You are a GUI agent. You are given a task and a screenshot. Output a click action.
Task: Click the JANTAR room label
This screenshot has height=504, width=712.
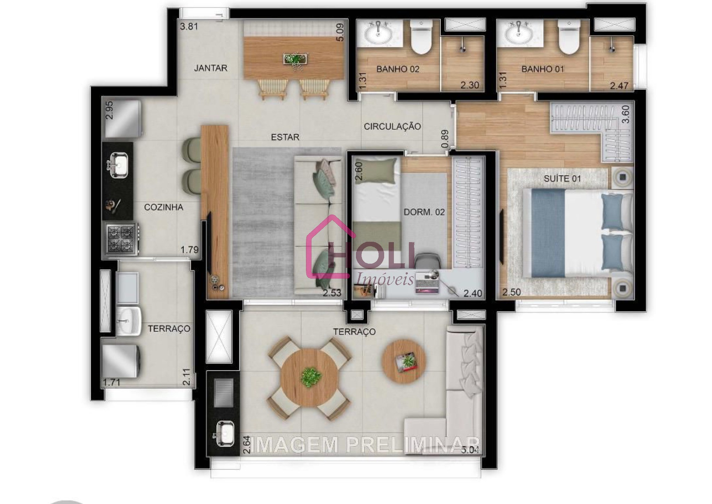[211, 68]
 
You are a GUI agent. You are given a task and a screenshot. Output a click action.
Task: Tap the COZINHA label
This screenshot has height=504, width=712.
[163, 207]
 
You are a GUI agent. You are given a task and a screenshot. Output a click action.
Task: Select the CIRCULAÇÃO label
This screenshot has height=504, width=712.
[392, 126]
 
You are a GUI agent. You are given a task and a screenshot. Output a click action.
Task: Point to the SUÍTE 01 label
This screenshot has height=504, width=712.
[562, 179]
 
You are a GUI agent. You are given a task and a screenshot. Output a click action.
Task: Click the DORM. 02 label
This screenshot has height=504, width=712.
[424, 212]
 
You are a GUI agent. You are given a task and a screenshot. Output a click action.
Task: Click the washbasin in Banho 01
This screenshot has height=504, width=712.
[519, 33]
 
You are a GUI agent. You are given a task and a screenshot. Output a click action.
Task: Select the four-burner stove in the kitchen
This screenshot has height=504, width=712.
[121, 238]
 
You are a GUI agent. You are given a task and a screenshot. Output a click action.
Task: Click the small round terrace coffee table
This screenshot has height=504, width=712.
[404, 361]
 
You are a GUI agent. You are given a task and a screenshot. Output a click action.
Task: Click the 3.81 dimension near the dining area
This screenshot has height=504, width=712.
[189, 26]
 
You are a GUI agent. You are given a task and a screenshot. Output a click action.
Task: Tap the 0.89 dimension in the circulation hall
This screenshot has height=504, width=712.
[445, 139]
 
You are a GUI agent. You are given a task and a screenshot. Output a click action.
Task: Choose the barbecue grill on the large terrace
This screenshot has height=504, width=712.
[223, 393]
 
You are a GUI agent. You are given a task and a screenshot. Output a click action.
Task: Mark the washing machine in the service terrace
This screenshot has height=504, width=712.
[121, 362]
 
